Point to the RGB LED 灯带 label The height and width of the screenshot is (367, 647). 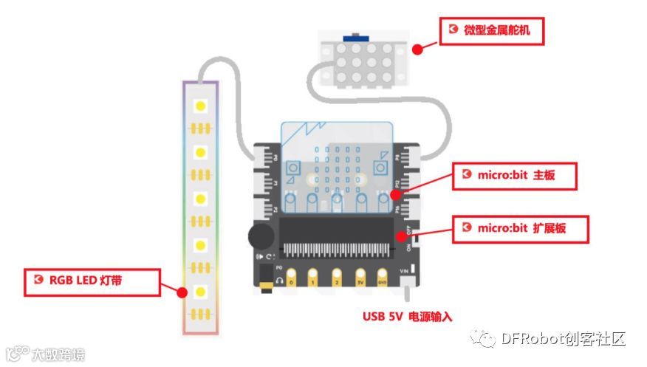pyautogui.click(x=93, y=281)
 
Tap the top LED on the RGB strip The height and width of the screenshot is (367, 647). pyautogui.click(x=199, y=106)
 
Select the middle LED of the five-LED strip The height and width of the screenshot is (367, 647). pyautogui.click(x=199, y=199)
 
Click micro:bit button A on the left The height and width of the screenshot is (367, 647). pyautogui.click(x=293, y=165)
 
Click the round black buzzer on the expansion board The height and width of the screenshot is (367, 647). pyautogui.click(x=260, y=236)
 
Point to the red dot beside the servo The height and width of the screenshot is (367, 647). pyautogui.click(x=417, y=49)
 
